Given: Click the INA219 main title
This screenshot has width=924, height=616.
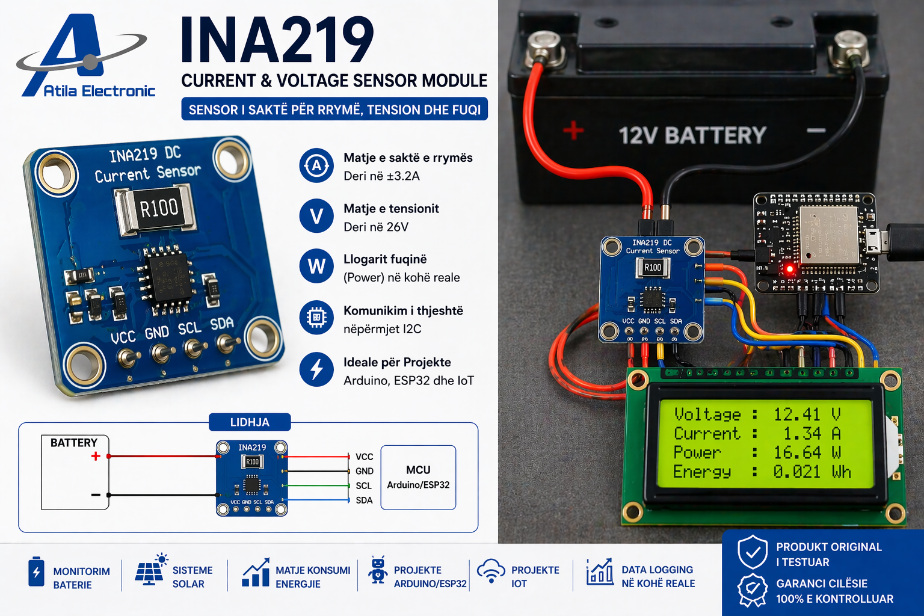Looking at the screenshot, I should pos(277,40).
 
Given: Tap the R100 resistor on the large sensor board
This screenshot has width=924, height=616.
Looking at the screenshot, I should pos(158,209).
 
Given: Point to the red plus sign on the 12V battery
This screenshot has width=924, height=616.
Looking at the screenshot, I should pos(573,130).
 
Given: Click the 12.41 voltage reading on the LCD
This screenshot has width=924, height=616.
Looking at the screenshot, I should pos(796,414).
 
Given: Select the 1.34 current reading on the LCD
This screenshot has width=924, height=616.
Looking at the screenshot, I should pos(802,434).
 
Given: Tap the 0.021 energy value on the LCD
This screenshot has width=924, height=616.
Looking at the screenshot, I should pos(796,472).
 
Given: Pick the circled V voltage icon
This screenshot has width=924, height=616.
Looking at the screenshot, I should pos(316,216).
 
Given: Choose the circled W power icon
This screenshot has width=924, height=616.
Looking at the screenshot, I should pos(316,266).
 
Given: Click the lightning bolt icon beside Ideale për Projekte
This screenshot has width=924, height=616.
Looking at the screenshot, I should pos(316,369).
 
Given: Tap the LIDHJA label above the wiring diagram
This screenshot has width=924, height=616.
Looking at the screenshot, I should pos(250,422).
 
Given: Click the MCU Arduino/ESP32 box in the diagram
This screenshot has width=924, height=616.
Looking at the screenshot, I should pos(418,478).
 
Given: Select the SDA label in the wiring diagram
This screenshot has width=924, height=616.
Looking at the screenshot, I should pos(364,500).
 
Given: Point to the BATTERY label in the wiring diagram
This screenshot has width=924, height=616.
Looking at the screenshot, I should pos(73,443).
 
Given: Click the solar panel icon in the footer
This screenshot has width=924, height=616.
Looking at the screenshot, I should pos(150,570).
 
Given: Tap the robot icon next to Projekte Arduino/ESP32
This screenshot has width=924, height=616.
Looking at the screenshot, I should pos(378,570).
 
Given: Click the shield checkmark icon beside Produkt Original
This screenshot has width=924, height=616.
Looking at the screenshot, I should pos(753,552).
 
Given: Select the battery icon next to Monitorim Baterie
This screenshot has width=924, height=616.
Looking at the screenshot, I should pos(36,571).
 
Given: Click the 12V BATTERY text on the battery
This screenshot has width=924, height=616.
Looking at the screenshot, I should pos(692,135).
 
